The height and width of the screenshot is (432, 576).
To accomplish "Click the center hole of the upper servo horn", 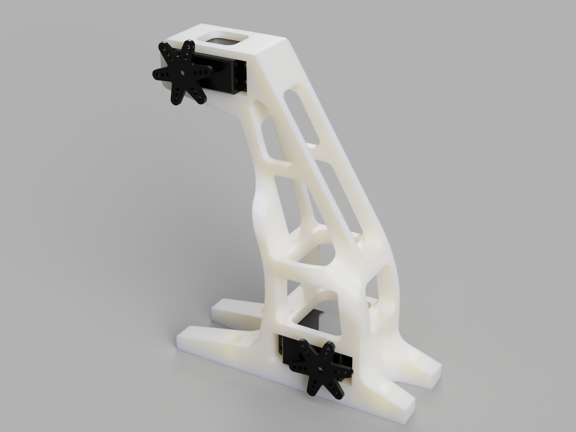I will [x=183, y=73].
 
